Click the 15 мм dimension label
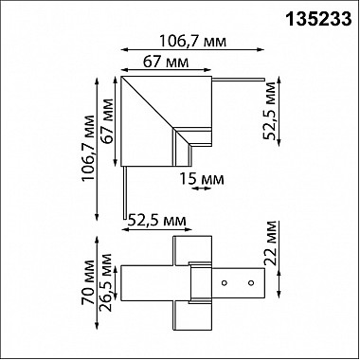[x=200, y=176]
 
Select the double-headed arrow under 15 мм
[x=200, y=188]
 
